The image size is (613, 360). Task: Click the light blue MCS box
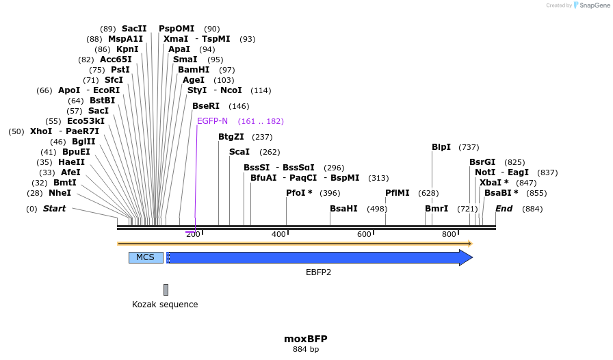click(x=146, y=257)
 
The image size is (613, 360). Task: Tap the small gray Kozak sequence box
click(x=166, y=290)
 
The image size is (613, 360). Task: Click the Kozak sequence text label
click(x=165, y=305)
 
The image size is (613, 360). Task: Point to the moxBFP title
click(x=306, y=339)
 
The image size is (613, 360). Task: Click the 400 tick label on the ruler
click(x=278, y=235)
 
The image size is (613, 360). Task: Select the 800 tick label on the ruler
click(x=449, y=235)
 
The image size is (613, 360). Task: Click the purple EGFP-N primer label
click(x=212, y=121)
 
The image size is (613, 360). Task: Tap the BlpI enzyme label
click(x=441, y=147)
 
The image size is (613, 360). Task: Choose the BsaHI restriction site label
click(x=343, y=209)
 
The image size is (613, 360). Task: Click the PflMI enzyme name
click(x=397, y=193)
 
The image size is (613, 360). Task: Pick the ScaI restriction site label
click(x=239, y=152)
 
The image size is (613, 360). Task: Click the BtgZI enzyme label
click(x=231, y=137)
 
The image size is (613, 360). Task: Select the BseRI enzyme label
click(x=206, y=106)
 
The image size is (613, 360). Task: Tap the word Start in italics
click(x=55, y=209)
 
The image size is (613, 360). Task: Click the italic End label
click(x=504, y=209)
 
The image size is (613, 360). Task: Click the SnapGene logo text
click(x=592, y=5)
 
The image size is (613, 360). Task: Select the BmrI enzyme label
click(x=436, y=209)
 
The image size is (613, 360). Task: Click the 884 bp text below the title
click(x=306, y=350)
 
